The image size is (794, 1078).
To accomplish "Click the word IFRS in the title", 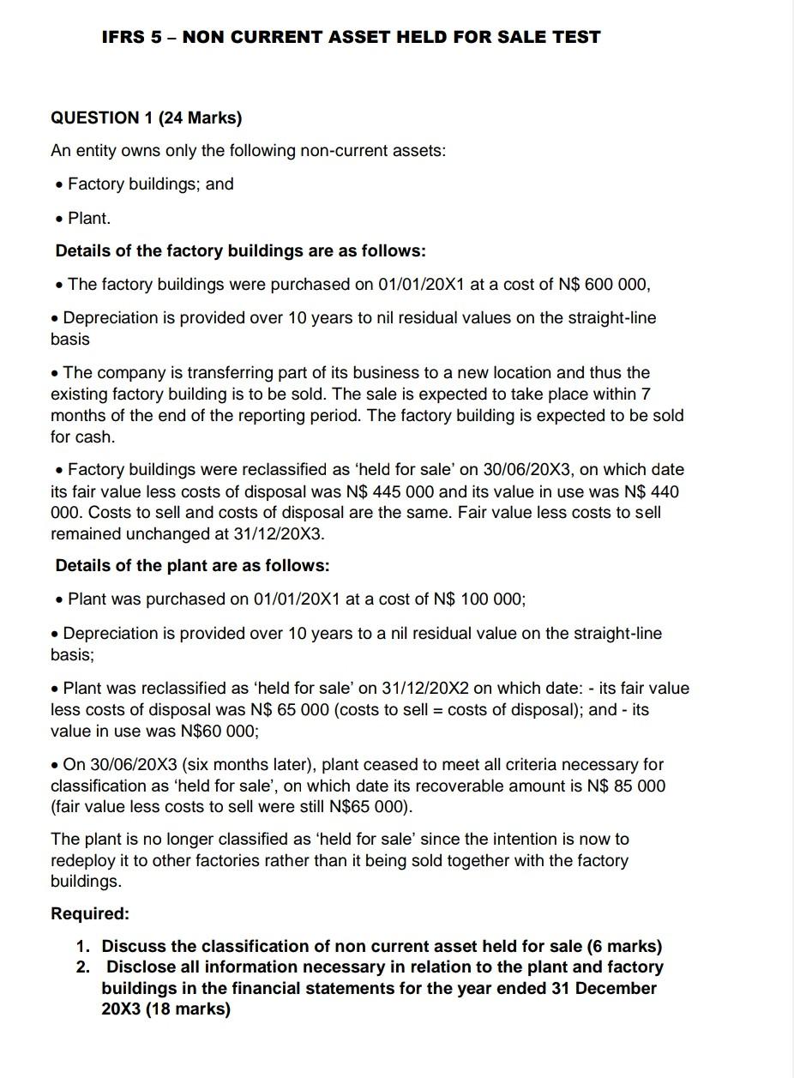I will [x=123, y=37].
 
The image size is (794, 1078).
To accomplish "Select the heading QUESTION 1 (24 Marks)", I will [x=147, y=117].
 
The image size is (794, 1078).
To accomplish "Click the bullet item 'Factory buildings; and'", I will [x=150, y=184].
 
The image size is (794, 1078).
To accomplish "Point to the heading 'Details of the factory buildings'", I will [x=240, y=250].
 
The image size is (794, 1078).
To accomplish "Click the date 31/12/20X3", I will [x=280, y=533].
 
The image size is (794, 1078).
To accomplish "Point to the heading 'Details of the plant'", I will [x=192, y=565].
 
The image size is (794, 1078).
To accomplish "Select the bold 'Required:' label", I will [x=90, y=913].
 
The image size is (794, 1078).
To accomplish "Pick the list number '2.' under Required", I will [x=82, y=967].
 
